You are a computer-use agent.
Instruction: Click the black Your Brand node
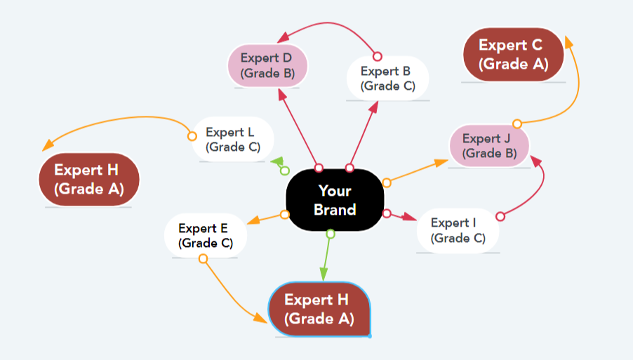click(x=335, y=200)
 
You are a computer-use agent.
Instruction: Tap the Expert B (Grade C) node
click(x=387, y=79)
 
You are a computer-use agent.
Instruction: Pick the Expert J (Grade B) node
click(x=489, y=146)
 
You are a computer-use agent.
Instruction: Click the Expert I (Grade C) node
click(x=458, y=230)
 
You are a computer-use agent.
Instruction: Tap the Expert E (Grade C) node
click(x=204, y=235)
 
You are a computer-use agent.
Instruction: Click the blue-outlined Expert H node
click(x=319, y=309)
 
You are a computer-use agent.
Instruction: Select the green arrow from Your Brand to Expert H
click(x=327, y=257)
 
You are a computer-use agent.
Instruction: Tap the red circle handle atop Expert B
click(x=377, y=56)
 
